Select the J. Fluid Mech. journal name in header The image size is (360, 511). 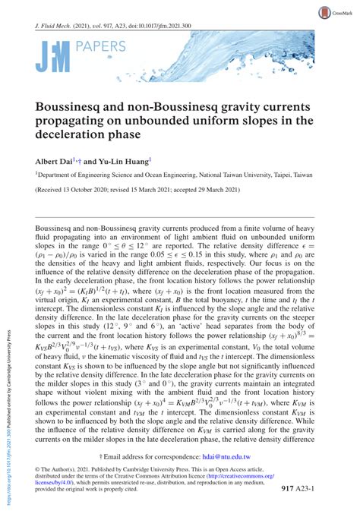(57, 24)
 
